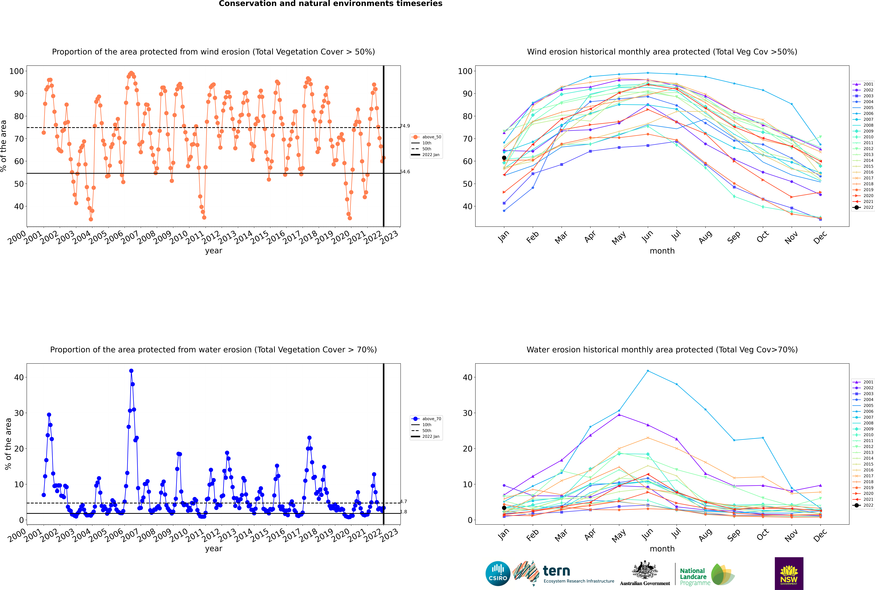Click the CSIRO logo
click(498, 573)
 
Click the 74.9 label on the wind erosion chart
click(405, 126)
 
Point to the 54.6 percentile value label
click(405, 172)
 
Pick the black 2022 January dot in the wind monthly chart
click(504, 158)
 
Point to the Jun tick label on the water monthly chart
click(647, 535)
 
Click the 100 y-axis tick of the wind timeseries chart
click(17, 71)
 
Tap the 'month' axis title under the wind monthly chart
click(662, 251)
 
